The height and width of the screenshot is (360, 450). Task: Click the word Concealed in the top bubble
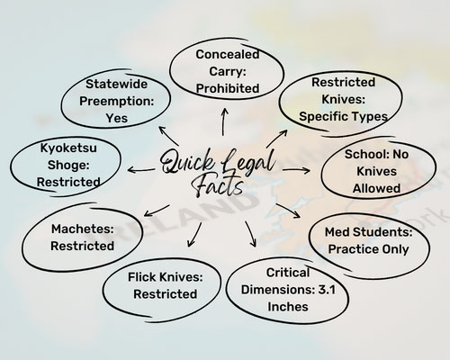pos(228,55)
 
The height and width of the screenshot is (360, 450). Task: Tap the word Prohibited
pos(228,88)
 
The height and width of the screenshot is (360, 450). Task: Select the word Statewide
pos(116,84)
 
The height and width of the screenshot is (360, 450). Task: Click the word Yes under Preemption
pos(116,118)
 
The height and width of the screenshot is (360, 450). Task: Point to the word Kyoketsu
pos(68,148)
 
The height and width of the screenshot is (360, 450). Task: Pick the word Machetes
pos(83,229)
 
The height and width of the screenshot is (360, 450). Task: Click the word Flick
pos(142,277)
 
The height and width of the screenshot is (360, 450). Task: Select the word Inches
pos(288,307)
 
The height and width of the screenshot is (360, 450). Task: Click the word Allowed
pos(376,188)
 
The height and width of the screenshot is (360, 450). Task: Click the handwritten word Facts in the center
pos(218,186)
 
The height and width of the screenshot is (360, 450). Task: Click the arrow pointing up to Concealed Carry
pos(224,121)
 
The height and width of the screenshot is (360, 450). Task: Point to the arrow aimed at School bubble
pos(296,170)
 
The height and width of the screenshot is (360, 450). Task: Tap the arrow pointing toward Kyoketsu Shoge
pos(141,170)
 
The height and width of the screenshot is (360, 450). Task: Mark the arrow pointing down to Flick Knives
pos(194,235)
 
